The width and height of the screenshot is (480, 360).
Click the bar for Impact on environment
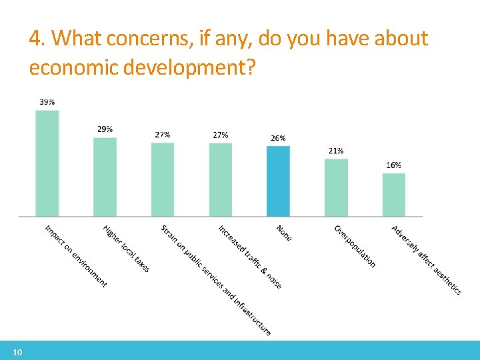tap(47, 163)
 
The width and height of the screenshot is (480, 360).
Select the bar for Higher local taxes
tap(105, 177)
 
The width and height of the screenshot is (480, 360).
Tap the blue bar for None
tap(278, 181)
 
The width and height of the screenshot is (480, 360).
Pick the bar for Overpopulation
tap(336, 187)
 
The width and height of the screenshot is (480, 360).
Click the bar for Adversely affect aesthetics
tap(393, 195)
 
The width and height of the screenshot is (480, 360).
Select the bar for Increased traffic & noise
tap(220, 179)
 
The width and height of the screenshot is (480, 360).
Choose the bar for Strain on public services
tap(162, 179)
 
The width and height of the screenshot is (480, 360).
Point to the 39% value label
tap(47, 102)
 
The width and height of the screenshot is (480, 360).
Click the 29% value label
tap(105, 129)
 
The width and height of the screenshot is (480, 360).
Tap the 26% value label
tap(278, 138)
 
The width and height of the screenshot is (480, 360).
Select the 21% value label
tap(336, 151)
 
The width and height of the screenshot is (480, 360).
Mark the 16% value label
tap(393, 165)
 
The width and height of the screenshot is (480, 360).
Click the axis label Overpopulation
tap(355, 246)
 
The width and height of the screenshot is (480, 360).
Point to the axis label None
tap(284, 233)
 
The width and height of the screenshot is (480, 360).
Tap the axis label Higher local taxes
tap(126, 249)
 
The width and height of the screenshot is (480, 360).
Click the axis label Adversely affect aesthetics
tap(426, 260)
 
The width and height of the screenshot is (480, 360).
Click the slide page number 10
tap(17, 352)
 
